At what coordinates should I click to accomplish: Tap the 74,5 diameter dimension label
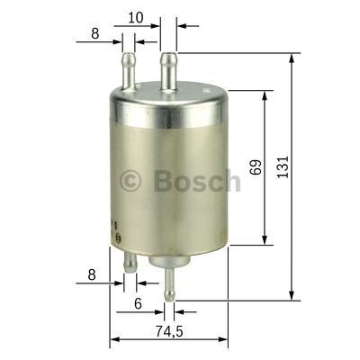click(x=162, y=332)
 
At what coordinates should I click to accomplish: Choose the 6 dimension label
click(x=138, y=304)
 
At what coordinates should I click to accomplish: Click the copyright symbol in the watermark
click(x=131, y=181)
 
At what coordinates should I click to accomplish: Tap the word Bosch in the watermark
click(x=197, y=181)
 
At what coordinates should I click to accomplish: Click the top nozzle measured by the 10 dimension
click(x=167, y=71)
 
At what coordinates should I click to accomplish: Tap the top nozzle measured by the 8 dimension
click(x=128, y=70)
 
